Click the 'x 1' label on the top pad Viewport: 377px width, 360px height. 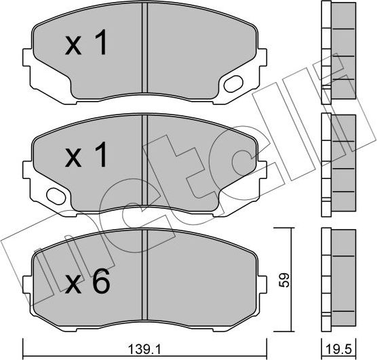[x=86, y=45]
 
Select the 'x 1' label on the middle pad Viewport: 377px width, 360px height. [x=86, y=157]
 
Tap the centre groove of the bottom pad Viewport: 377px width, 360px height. [x=144, y=275]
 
